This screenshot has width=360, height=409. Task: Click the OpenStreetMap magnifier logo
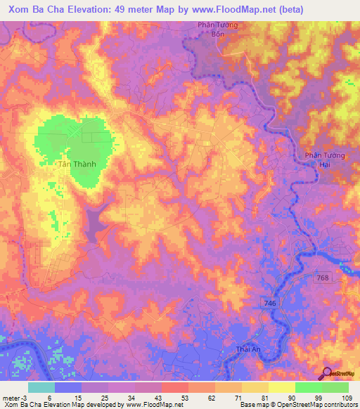click(326, 372)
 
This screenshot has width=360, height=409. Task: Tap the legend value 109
click(346, 397)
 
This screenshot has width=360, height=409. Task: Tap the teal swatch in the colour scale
click(41, 387)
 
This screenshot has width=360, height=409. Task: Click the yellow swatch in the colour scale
click(281, 387)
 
